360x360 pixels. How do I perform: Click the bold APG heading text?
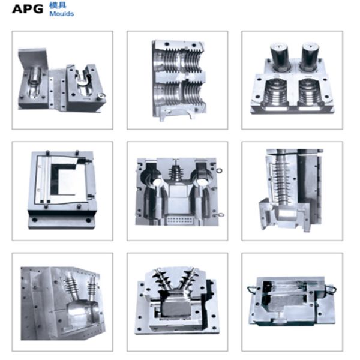[28, 9]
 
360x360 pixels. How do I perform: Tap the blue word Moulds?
[62, 14]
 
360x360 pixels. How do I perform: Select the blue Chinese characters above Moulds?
[58, 5]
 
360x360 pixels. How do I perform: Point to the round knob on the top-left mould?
[101, 96]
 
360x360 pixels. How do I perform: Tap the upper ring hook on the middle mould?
[219, 170]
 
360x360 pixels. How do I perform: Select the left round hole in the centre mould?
[158, 182]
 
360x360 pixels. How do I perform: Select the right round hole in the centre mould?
[202, 182]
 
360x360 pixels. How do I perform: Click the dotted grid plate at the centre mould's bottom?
[180, 220]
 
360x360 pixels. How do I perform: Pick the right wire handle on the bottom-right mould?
[331, 289]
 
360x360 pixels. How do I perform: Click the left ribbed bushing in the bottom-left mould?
[70, 289]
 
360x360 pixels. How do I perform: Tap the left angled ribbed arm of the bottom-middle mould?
[163, 281]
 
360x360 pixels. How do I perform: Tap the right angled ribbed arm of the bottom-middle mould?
[187, 281]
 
